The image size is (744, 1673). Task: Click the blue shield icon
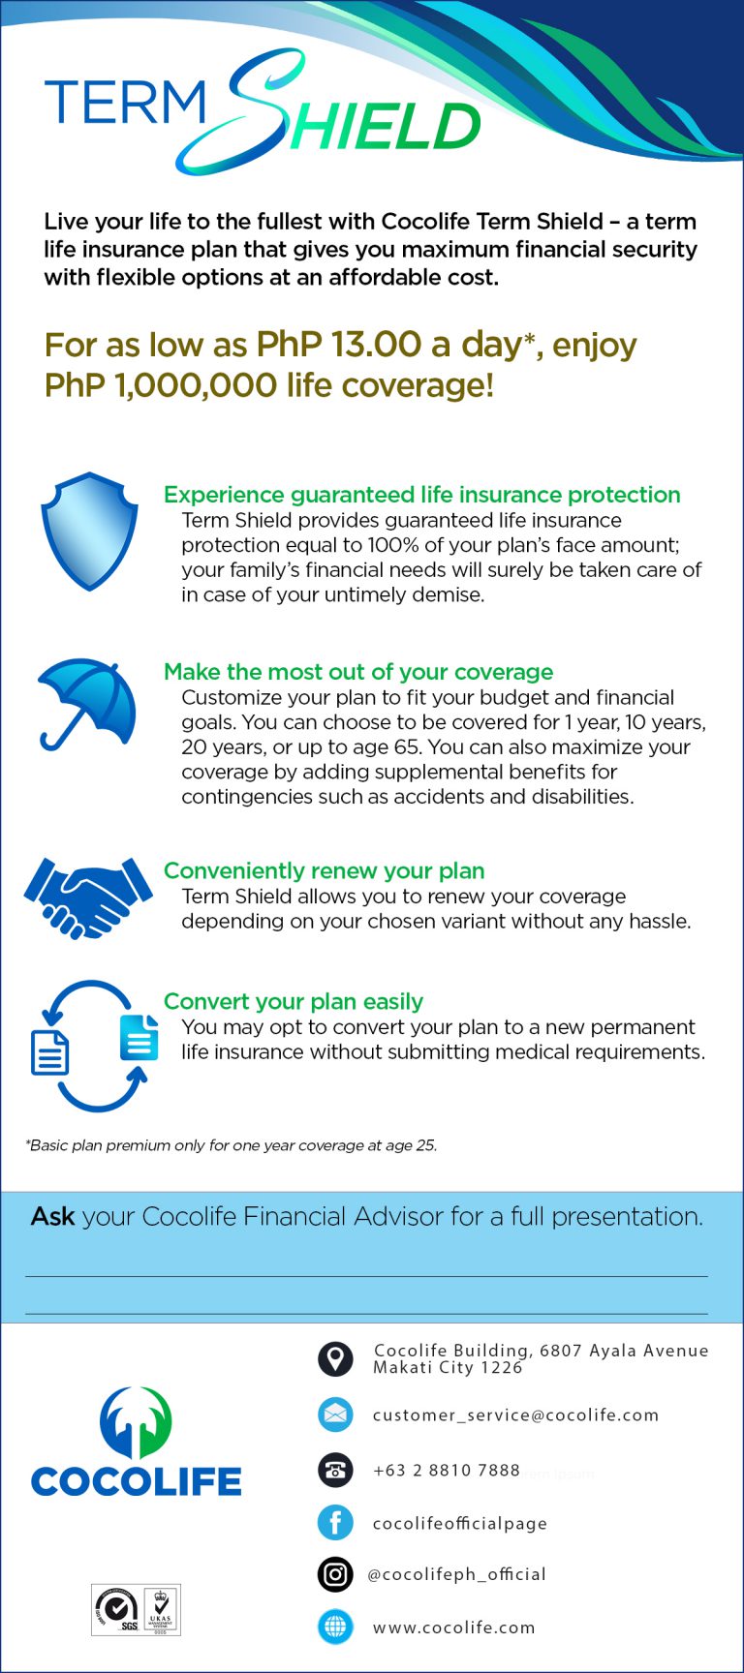coord(88,531)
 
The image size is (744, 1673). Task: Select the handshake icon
coord(87,897)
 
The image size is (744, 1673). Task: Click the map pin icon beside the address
coord(335,1358)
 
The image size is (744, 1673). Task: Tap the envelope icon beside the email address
coord(335,1414)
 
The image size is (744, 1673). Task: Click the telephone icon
coord(335,1470)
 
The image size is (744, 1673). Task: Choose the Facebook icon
coord(335,1523)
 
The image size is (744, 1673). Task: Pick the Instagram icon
coord(335,1574)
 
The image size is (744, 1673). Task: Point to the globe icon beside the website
coord(335,1627)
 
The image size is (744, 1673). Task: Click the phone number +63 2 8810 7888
coord(447,1471)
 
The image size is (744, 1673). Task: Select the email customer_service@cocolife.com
coord(515,1415)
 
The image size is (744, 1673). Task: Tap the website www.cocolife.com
coord(453,1627)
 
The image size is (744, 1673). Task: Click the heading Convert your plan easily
coord(293,1001)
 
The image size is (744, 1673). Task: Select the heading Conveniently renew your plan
coord(324,870)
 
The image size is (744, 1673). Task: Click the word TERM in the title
coord(126,104)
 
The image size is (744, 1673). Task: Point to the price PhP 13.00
coord(338,345)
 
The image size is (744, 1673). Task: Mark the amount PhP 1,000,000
coord(160,385)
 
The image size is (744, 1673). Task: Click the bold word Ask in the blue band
coord(52,1216)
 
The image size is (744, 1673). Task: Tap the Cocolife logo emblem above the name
coord(136,1421)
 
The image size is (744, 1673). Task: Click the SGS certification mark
coord(116,1610)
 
